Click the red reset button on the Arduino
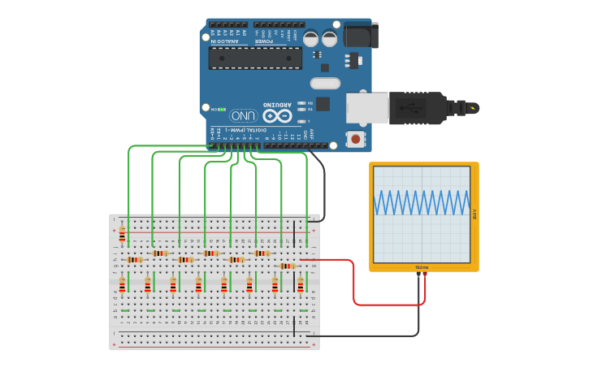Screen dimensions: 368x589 point(355,139)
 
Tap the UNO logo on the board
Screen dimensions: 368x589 point(243,115)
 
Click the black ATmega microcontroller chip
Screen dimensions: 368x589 point(255,58)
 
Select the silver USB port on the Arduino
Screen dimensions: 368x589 point(366,108)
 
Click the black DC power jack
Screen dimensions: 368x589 point(360,35)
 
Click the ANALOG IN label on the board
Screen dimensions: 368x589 point(225,41)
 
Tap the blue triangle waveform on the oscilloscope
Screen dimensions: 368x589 point(422,202)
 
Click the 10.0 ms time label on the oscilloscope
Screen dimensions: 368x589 point(422,267)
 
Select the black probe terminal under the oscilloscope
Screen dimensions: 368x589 point(418,275)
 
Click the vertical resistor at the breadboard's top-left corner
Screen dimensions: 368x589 point(122,235)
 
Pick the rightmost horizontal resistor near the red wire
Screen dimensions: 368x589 point(287,266)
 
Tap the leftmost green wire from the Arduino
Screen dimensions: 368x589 point(128,187)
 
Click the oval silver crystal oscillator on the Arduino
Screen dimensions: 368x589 point(324,83)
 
